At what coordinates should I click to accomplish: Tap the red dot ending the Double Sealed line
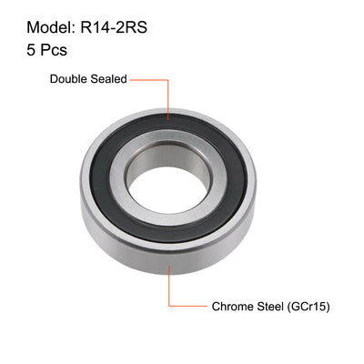168,117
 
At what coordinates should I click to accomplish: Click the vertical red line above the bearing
168,98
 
